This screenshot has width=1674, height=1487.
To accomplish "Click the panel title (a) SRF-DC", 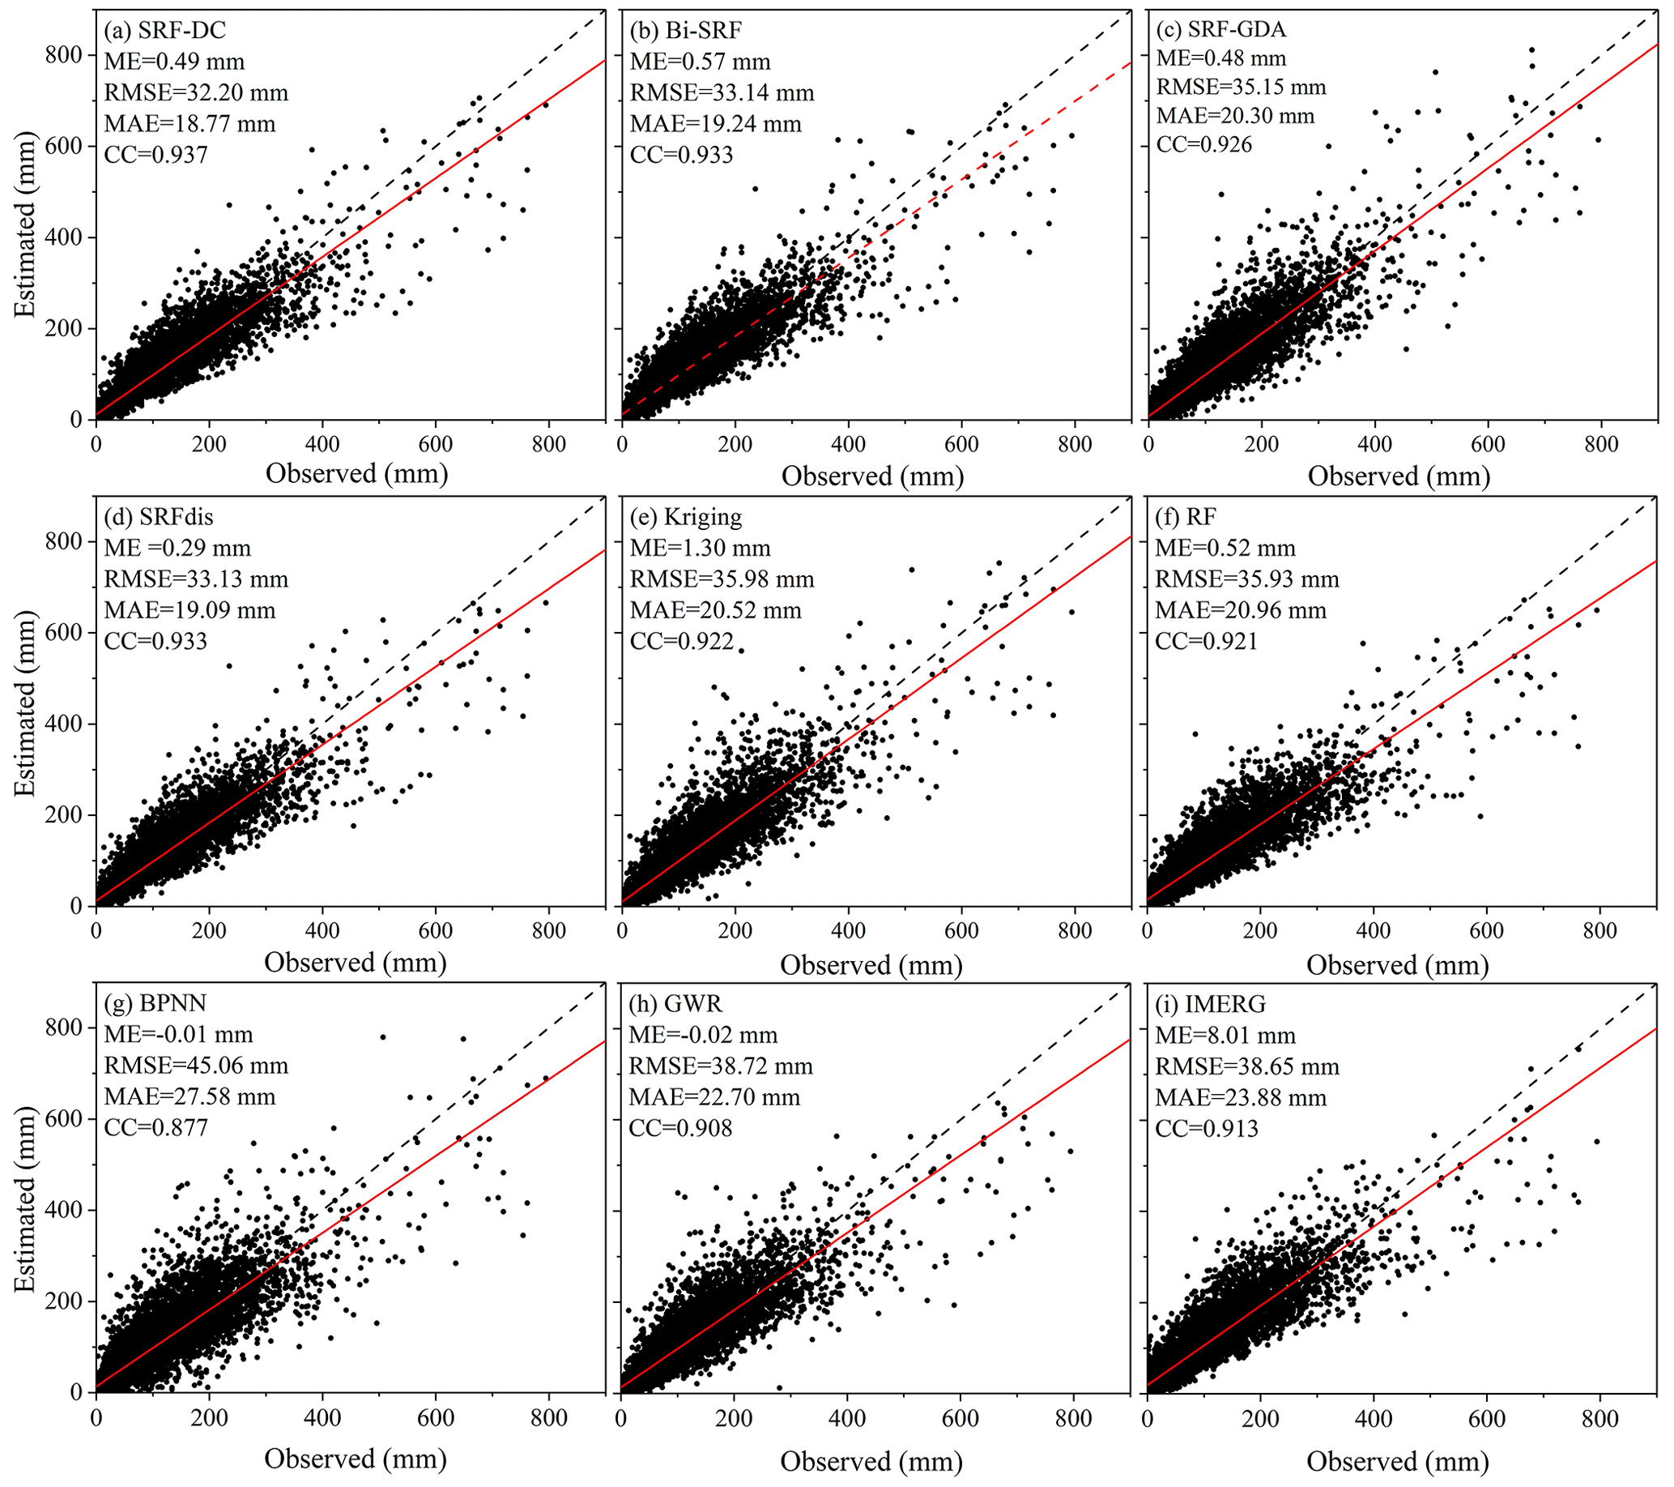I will tap(164, 30).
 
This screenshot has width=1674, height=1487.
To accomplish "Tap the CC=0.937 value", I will tap(155, 155).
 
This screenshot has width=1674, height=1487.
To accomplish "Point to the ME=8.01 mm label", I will tap(1225, 1036).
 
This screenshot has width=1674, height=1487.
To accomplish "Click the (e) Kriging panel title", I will tap(685, 517).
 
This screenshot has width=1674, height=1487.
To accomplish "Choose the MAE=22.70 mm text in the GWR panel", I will tap(714, 1097).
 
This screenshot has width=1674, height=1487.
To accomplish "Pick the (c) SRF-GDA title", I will tap(1221, 29).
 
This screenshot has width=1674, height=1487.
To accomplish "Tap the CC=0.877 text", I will tap(155, 1127).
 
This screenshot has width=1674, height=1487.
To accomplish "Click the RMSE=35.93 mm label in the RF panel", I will tap(1246, 579).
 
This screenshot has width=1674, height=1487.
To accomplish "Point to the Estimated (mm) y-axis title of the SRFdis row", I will tap(25, 703).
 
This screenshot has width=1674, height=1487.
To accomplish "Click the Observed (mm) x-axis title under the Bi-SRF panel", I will tap(872, 476).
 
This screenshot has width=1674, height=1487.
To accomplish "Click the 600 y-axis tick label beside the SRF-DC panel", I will tap(65, 146).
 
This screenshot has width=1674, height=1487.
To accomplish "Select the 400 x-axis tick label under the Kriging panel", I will tap(849, 931).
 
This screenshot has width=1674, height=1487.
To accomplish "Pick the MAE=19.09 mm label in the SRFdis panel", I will tap(190, 610).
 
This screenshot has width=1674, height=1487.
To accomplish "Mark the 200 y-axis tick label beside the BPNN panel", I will tap(65, 1301).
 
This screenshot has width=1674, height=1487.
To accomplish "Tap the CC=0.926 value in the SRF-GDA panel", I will tap(1204, 145).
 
